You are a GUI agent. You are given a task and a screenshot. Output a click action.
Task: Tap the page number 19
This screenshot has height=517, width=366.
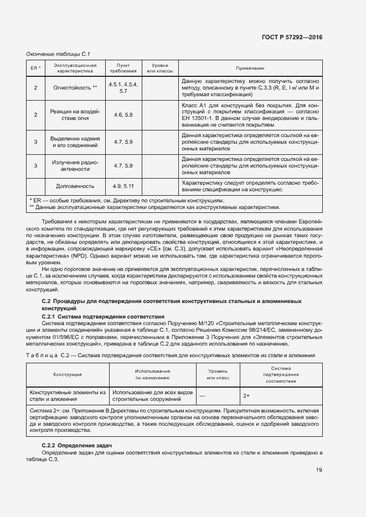[x=319, y=470]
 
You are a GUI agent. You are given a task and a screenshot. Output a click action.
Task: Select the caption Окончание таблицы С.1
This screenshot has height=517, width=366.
[x=58, y=54]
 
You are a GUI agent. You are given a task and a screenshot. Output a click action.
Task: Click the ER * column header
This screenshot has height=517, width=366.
[x=35, y=68]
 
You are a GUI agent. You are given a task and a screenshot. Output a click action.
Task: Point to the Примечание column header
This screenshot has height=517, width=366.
[x=250, y=68]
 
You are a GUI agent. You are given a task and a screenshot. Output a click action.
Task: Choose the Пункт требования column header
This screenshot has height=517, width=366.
[x=123, y=68]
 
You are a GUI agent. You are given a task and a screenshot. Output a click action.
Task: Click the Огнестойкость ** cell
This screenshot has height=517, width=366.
[x=75, y=87]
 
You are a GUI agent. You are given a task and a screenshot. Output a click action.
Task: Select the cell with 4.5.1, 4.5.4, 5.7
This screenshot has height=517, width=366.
[x=123, y=87]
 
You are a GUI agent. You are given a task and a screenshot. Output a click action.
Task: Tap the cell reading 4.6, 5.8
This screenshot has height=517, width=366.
[x=123, y=114]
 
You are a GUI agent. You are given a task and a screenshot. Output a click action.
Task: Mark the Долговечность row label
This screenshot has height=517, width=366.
[x=75, y=186]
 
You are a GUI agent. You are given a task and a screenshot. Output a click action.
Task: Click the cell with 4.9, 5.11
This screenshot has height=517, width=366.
[x=123, y=186]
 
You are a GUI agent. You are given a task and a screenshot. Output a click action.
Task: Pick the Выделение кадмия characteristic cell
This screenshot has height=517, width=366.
[x=75, y=142]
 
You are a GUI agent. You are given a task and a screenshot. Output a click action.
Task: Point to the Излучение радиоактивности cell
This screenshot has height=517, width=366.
[x=75, y=165]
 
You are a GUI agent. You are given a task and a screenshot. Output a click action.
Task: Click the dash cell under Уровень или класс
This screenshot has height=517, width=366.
[x=202, y=396]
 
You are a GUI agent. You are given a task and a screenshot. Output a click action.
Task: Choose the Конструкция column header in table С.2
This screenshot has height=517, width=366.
[x=68, y=374]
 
